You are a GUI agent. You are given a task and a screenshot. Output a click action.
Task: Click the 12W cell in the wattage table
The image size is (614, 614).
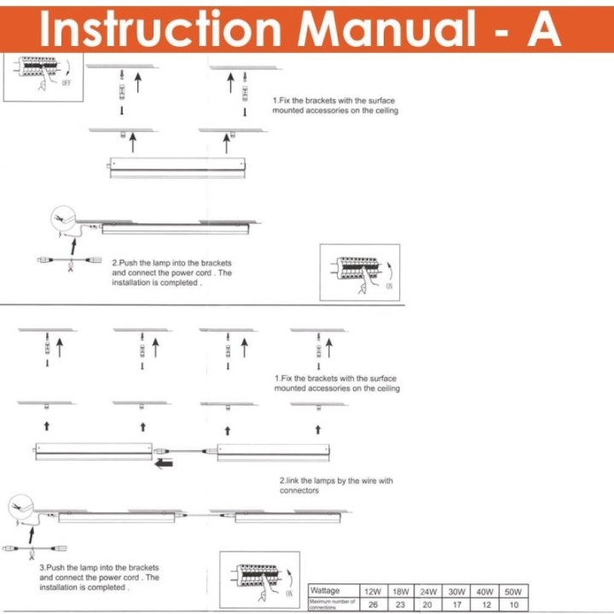click(373, 591)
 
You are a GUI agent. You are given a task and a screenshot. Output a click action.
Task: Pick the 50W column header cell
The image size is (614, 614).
click(513, 591)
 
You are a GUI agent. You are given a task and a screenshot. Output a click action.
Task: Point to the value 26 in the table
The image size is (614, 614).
click(373, 604)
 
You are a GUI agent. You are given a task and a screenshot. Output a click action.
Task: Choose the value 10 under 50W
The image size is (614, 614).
click(513, 604)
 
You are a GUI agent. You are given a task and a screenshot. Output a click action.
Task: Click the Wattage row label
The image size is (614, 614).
click(325, 590)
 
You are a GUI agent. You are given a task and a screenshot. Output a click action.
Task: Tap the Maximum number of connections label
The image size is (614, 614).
click(332, 604)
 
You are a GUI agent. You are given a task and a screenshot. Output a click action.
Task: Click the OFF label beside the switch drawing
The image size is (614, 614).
click(66, 84)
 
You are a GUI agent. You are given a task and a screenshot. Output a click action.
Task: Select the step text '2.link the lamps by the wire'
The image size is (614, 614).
click(336, 485)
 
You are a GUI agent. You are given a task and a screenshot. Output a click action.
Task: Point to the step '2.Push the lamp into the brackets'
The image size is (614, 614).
click(171, 272)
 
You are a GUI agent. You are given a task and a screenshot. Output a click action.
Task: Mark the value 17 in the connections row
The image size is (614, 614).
click(457, 604)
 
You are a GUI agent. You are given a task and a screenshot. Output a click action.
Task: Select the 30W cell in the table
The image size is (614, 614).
click(457, 591)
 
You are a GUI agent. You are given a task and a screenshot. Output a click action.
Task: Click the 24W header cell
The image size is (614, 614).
click(428, 591)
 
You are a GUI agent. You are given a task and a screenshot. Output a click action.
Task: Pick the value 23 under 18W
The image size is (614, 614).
click(400, 604)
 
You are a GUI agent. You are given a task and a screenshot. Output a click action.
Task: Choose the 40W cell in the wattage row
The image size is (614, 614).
click(485, 591)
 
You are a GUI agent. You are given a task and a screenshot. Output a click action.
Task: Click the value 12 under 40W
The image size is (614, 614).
click(485, 604)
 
